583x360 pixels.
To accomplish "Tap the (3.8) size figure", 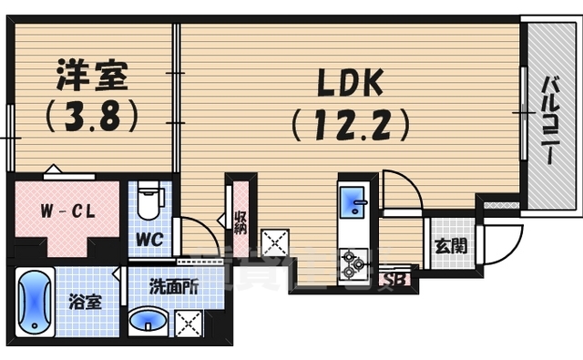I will [91, 116].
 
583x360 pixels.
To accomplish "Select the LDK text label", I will [350, 86].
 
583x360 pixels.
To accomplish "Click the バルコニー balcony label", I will [550, 119].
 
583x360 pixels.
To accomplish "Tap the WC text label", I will [150, 240].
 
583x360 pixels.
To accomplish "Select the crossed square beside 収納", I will [273, 242].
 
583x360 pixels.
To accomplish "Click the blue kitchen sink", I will [353, 202].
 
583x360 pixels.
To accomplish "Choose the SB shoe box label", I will [398, 281].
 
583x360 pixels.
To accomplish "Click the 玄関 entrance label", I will [446, 245].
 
